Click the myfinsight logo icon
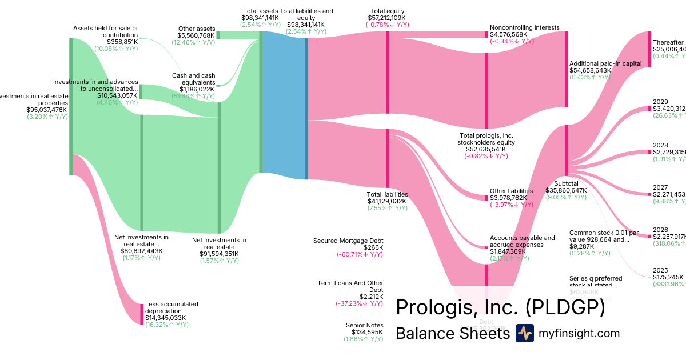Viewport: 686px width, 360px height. click(525, 333)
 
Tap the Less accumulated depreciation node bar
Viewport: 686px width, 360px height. click(142, 314)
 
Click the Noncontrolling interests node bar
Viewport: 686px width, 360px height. click(487, 34)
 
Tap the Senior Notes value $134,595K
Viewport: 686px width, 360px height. click(363, 332)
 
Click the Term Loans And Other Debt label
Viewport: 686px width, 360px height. click(350, 286)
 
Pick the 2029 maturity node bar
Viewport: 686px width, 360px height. click(649, 109)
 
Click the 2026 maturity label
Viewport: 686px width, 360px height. click(660, 230)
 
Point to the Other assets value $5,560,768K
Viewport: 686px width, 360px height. click(196, 35)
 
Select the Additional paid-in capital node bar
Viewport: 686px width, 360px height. click(567, 69)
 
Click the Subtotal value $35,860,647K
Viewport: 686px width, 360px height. click(567, 190)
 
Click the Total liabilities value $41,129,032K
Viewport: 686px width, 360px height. click(386, 201)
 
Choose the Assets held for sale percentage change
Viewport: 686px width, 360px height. click(116, 49)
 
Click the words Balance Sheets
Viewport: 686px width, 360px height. click(452, 333)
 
